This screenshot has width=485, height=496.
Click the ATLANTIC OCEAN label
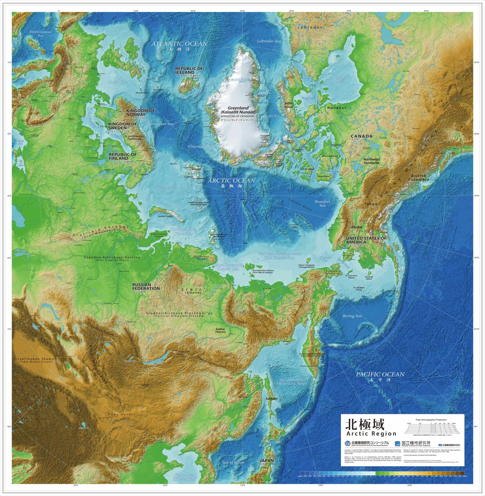click(179, 44)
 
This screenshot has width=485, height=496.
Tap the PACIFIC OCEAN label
click(380, 375)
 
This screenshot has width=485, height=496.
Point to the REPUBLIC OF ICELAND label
click(189, 71)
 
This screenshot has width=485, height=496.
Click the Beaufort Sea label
click(322, 203)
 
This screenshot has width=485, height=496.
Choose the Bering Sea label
click(352, 316)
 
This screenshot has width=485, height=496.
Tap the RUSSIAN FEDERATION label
click(146, 287)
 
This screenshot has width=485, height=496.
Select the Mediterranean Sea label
click(40, 34)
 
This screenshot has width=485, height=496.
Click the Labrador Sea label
click(269, 41)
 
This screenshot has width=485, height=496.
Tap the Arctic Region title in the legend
click(371, 434)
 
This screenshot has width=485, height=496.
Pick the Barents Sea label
click(166, 188)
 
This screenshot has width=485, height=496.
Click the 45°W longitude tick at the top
click(242, 11)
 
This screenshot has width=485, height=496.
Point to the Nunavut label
click(336, 108)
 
